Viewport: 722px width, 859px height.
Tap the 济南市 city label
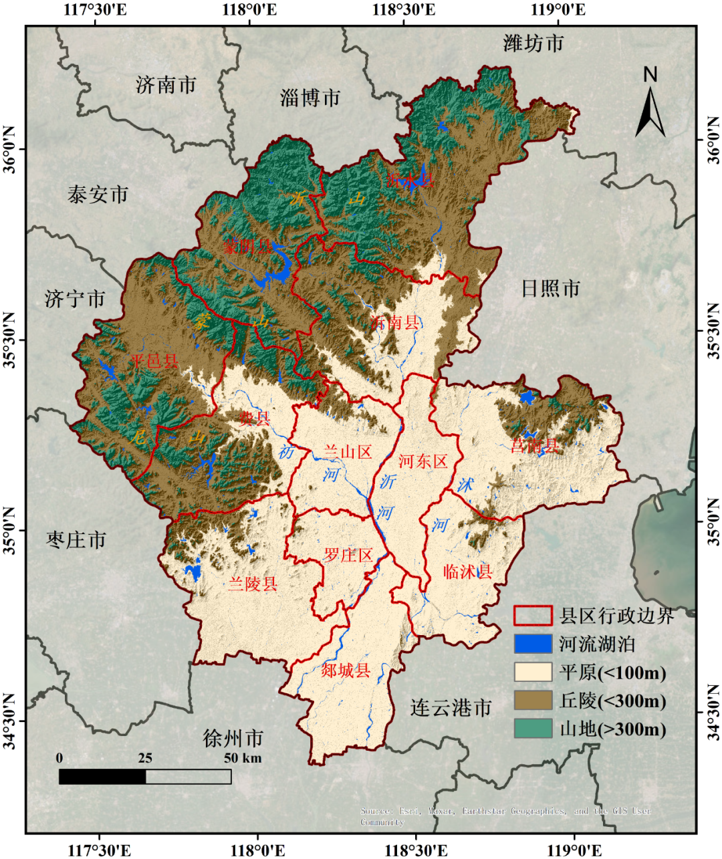(x=166, y=85)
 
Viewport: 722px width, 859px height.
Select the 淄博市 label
(x=310, y=98)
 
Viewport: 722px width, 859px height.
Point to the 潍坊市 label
(x=533, y=43)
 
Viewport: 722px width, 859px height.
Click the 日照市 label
(x=550, y=289)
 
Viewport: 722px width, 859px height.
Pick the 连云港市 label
(x=451, y=707)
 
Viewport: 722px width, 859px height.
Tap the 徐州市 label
(x=233, y=739)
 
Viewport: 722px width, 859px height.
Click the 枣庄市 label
(x=76, y=539)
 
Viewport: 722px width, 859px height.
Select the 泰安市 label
(x=98, y=195)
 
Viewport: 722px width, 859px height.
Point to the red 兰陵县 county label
(x=253, y=584)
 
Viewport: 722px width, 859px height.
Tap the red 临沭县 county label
(x=468, y=572)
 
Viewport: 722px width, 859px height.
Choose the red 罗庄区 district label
(x=348, y=555)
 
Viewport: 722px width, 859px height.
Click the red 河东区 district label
(x=423, y=461)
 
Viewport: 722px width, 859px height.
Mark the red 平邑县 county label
(x=154, y=362)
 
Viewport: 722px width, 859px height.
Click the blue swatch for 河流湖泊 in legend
(x=533, y=644)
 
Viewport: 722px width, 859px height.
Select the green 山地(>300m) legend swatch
(x=533, y=729)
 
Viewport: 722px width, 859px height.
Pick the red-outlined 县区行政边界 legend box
(x=533, y=615)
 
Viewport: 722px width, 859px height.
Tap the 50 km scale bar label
(x=243, y=758)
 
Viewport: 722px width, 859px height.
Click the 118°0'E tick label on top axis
(x=252, y=10)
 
